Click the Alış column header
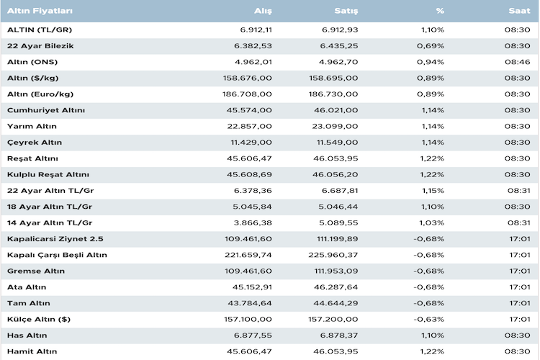tap(263, 12)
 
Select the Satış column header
tap(347, 12)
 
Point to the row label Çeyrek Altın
tap(35, 143)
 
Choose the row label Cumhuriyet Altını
tap(46, 110)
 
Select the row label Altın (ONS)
tap(33, 62)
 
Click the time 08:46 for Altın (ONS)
tap(518, 62)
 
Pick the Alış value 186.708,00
tap(248, 94)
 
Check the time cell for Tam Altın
tap(518, 302)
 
